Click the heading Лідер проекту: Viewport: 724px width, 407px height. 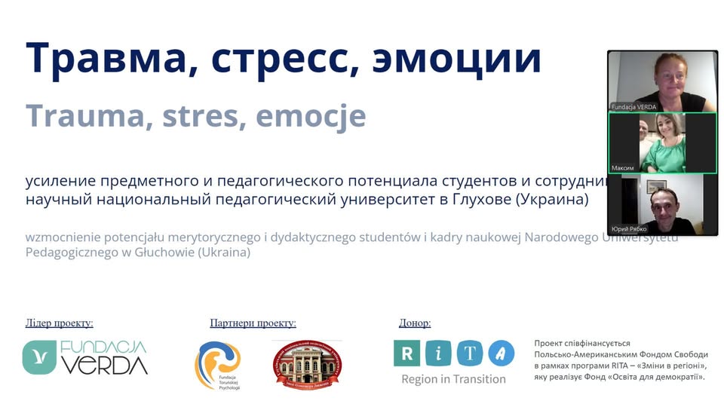click(60, 323)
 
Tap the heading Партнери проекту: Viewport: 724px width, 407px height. click(253, 323)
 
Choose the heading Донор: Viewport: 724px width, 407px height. click(415, 323)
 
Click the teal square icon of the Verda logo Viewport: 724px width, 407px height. click(39, 357)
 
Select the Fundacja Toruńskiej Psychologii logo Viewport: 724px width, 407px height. click(218, 366)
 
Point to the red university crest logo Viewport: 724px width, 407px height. click(307, 365)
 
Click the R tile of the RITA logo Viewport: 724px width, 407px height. click(407, 353)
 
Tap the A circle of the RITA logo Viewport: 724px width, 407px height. click(501, 353)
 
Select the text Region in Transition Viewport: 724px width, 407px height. click(453, 379)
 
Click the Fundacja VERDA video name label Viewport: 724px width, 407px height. click(633, 107)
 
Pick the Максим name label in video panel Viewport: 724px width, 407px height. click(623, 167)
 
